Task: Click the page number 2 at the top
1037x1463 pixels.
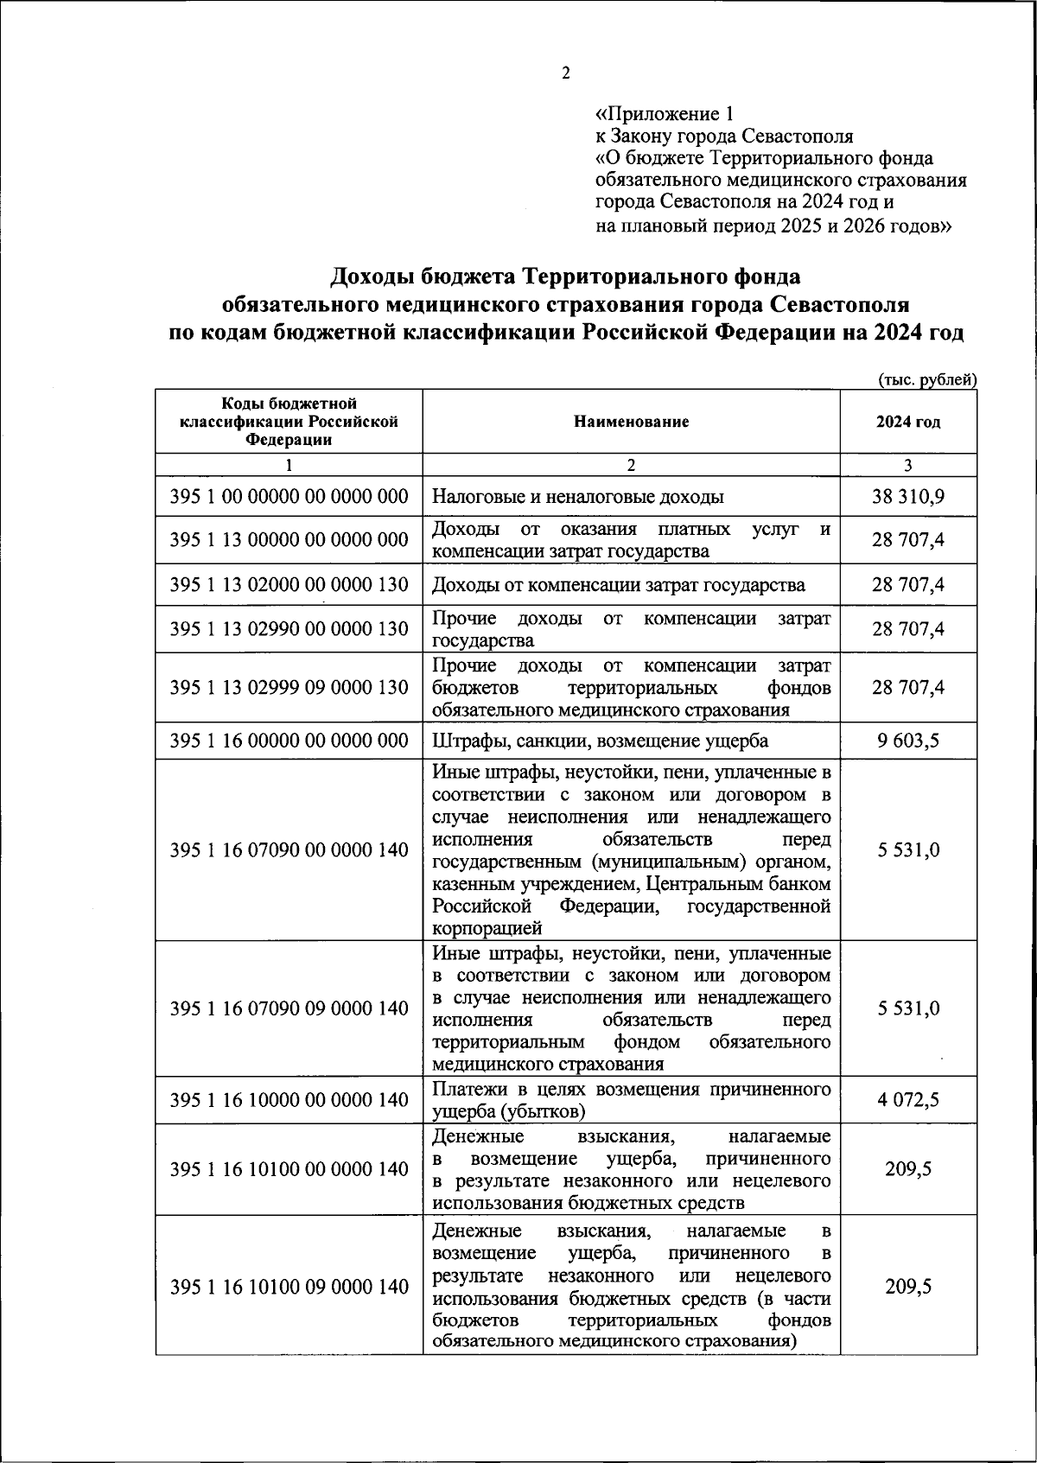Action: coord(566,73)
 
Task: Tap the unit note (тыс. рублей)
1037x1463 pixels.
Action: coord(927,379)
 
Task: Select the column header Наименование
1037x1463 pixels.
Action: coord(631,422)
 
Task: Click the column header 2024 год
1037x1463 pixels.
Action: coord(907,422)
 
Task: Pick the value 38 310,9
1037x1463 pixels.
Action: coord(907,497)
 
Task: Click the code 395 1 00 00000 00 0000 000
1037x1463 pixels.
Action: coord(289,497)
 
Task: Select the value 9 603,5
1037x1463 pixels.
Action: coord(908,741)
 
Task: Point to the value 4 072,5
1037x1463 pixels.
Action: coord(908,1100)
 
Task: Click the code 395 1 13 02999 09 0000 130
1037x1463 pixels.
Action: coord(289,688)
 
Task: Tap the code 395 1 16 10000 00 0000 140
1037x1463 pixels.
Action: coord(289,1100)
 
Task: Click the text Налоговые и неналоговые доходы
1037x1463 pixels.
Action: coord(577,497)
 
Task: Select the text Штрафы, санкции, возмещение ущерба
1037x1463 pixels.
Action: coord(600,741)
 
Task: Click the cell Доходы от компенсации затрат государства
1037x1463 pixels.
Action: coord(619,585)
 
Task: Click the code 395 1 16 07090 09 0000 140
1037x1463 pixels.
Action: coord(289,1008)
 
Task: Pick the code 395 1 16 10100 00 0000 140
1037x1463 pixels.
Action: coord(289,1169)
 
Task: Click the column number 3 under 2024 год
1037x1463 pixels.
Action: coord(907,465)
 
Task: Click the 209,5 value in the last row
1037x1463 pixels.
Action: coord(908,1287)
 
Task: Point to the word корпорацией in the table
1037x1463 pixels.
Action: coord(487,929)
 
